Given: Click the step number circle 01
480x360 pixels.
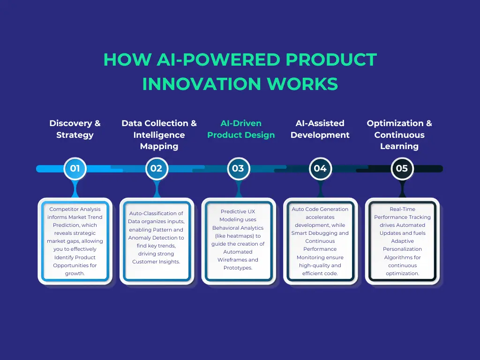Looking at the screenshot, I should (x=75, y=168).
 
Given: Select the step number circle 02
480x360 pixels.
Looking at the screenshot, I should (x=157, y=168).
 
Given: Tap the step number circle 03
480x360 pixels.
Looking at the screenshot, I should (x=238, y=168).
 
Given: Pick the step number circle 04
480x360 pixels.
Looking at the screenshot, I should (x=320, y=168).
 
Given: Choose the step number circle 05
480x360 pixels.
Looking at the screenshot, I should (x=402, y=168).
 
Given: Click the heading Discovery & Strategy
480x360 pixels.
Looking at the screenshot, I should (x=75, y=129).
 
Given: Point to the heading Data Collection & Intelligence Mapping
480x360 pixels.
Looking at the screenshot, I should (x=159, y=135).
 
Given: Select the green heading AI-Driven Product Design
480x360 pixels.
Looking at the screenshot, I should (x=241, y=129).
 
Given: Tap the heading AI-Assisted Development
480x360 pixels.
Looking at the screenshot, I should (x=320, y=129).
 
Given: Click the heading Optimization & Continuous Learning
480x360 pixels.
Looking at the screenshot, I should (x=399, y=135).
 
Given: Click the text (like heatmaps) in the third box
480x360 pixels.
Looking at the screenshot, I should (x=238, y=236).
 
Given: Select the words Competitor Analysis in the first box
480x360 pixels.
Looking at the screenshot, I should (x=75, y=209).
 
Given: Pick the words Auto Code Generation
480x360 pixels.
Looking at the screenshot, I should (x=320, y=209).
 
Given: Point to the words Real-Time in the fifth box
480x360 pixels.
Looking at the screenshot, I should (x=402, y=209).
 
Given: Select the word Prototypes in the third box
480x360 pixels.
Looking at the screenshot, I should (x=238, y=268).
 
